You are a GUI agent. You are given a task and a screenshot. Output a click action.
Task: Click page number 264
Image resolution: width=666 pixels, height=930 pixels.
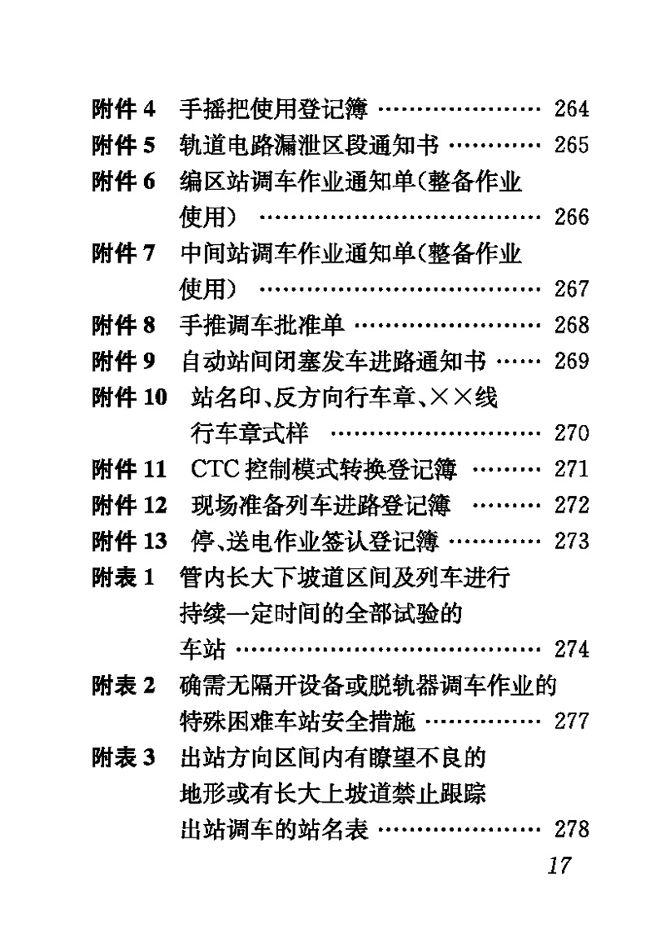(x=571, y=109)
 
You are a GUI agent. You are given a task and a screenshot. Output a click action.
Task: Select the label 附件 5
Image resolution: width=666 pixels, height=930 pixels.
(x=123, y=145)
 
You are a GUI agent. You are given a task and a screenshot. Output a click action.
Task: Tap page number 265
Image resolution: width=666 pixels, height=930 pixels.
(x=571, y=145)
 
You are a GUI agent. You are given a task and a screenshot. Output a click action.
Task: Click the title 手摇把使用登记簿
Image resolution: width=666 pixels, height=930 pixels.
(x=274, y=109)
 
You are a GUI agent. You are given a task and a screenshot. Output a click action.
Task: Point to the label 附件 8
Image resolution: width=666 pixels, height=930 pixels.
(x=123, y=325)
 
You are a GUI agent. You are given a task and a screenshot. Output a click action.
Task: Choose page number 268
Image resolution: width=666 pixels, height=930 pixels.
(x=571, y=325)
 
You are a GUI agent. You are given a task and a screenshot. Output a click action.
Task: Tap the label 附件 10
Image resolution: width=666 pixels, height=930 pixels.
(x=129, y=397)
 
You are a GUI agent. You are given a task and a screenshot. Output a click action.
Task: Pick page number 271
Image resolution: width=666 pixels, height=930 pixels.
(x=571, y=469)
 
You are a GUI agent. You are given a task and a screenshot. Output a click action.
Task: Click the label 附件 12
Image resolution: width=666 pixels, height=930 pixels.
(x=129, y=505)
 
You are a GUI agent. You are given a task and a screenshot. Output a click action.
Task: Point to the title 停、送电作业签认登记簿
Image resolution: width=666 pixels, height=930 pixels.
(x=316, y=542)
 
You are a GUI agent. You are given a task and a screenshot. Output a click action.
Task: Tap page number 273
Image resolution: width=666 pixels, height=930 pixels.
(x=571, y=542)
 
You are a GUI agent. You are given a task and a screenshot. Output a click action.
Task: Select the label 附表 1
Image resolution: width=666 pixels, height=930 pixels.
(x=123, y=577)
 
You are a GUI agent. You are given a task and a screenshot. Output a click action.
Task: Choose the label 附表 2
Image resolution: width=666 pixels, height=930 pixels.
(x=123, y=685)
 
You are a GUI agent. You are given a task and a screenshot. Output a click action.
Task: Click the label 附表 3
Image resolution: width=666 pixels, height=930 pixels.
(x=123, y=757)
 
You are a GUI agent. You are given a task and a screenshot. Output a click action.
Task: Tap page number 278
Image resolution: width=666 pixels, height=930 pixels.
(x=571, y=830)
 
